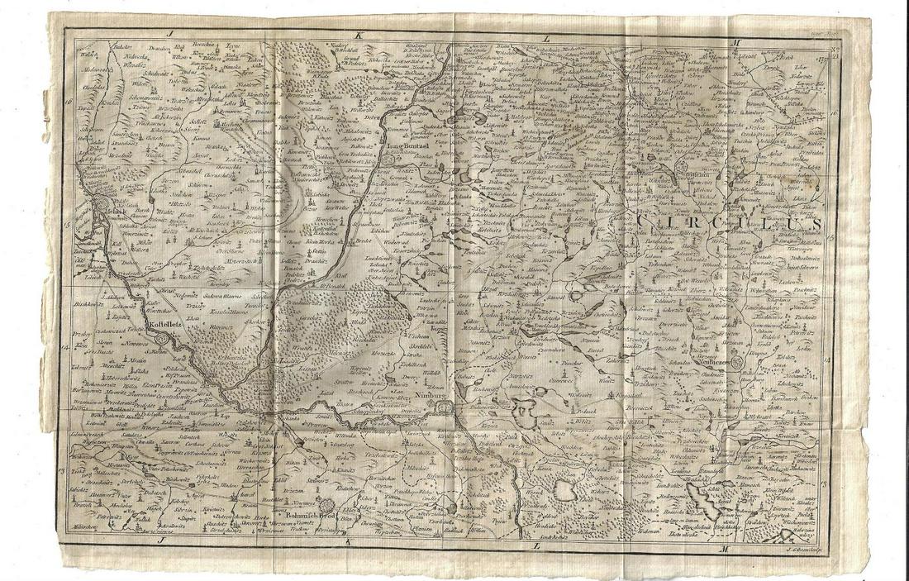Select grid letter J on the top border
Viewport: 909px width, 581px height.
point(166,35)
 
